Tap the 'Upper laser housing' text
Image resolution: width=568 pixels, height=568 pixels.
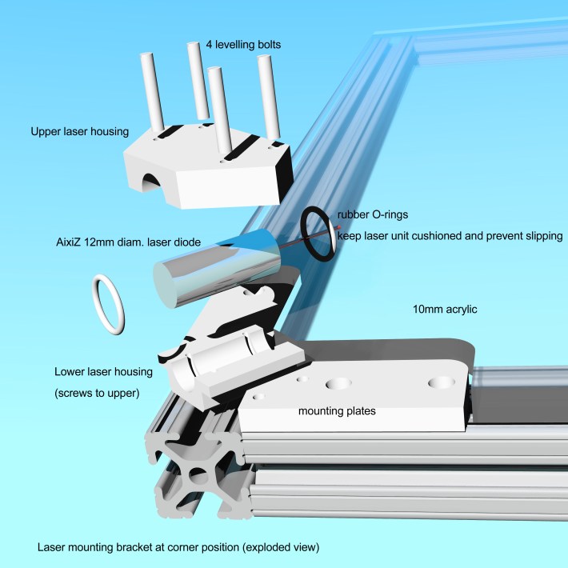(76, 131)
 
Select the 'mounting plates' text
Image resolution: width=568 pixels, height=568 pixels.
(337, 411)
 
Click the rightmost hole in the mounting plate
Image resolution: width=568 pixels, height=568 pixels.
(438, 382)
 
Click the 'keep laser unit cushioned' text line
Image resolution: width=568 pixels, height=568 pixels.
(450, 237)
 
